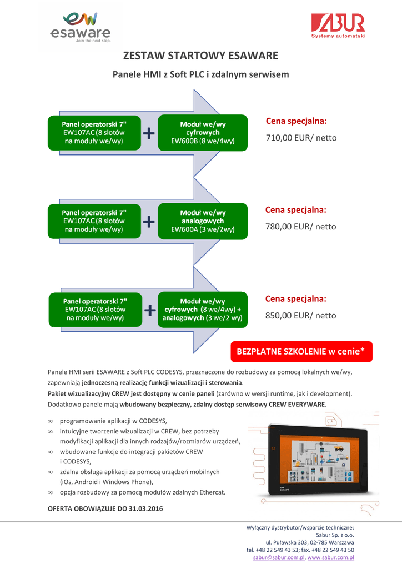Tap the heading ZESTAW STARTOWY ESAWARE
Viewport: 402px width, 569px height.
(x=200, y=56)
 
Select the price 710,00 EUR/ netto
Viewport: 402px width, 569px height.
(x=301, y=137)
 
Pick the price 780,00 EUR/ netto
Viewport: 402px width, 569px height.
(x=301, y=226)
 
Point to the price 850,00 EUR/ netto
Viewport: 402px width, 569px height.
(x=300, y=315)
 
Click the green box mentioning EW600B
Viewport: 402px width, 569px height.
(x=203, y=133)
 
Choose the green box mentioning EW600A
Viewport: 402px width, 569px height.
(x=203, y=221)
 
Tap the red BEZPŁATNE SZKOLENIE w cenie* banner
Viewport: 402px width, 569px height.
(x=301, y=352)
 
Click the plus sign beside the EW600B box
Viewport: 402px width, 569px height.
(x=149, y=133)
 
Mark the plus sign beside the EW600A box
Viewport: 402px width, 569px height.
(x=149, y=222)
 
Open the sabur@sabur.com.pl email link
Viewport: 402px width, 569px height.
(x=279, y=557)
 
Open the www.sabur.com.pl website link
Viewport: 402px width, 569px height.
(x=331, y=557)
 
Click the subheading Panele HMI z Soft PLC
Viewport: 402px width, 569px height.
(x=200, y=74)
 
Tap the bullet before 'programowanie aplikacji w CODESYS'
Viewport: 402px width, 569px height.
(x=51, y=421)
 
